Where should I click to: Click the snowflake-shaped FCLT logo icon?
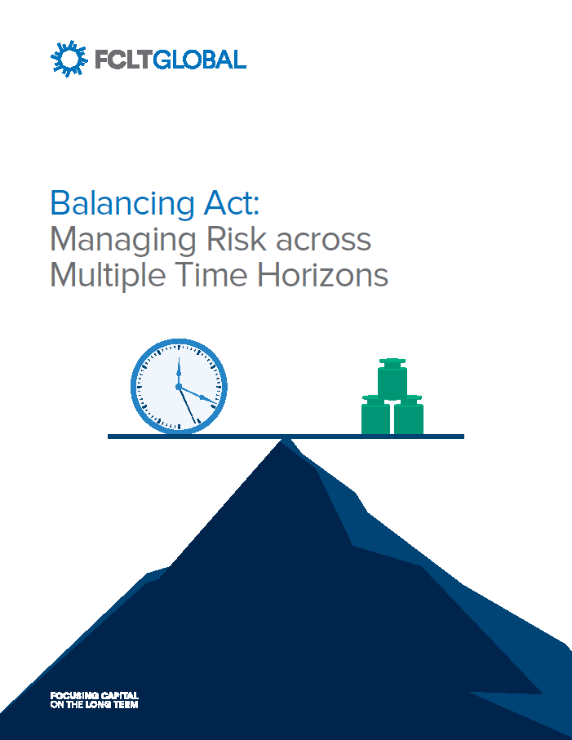(x=67, y=58)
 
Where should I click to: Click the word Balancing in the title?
(x=107, y=202)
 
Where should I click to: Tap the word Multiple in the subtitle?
(x=100, y=275)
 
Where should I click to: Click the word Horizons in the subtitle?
(x=322, y=275)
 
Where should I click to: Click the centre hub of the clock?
(x=179, y=386)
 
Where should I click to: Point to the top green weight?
(x=392, y=379)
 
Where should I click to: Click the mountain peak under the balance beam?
(x=285, y=443)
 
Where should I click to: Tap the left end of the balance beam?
(x=111, y=436)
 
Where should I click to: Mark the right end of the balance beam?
(x=461, y=436)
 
